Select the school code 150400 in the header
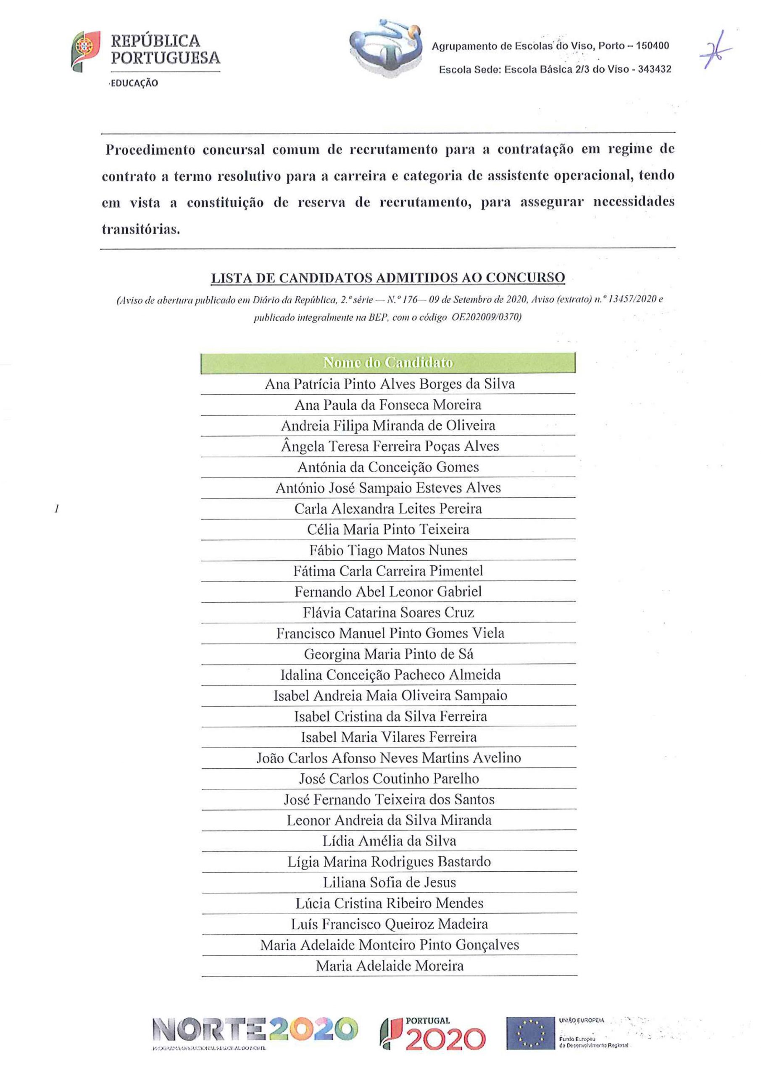click(653, 46)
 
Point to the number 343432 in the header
click(654, 69)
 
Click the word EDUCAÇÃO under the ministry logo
click(134, 83)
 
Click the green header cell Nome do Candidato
click(388, 363)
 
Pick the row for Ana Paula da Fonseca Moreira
click(388, 404)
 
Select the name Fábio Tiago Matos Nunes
click(388, 550)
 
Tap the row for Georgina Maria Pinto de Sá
click(388, 654)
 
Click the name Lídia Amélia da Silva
click(389, 841)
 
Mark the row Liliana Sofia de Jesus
click(389, 883)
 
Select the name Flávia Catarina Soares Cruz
click(388, 612)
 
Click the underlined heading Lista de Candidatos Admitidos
click(388, 278)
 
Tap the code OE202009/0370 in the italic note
click(486, 317)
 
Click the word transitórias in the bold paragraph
click(141, 229)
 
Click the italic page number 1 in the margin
click(56, 509)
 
